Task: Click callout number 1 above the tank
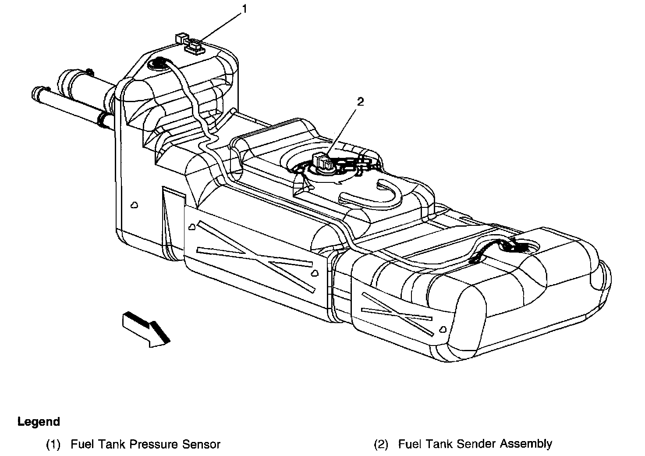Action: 245,9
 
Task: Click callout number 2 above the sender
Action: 360,102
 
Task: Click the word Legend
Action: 39,422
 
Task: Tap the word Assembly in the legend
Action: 526,444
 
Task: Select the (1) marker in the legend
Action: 53,444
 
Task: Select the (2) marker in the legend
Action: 381,444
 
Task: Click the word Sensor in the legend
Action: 204,444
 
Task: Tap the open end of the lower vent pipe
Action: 37,93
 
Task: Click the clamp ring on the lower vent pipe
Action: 103,118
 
